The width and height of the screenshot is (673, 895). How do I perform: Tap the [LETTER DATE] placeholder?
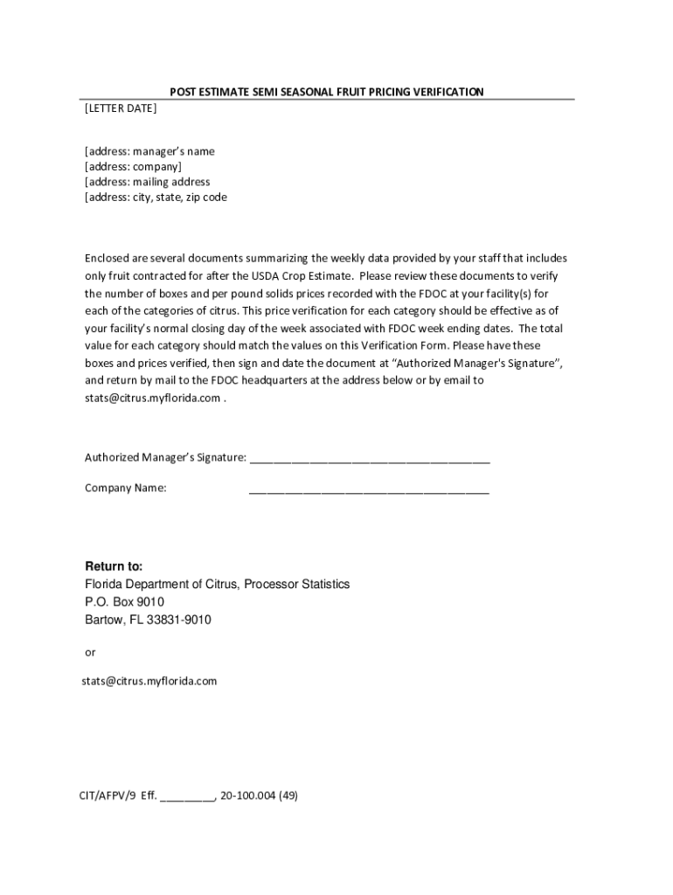coord(121,108)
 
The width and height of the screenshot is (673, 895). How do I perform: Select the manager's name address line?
coord(149,151)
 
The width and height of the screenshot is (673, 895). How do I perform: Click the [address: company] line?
coord(133,166)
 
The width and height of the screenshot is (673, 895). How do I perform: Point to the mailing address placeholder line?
coord(147,182)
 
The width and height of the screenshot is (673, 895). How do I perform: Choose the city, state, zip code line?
coord(156,198)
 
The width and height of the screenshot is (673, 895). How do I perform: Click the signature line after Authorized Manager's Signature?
coord(370,458)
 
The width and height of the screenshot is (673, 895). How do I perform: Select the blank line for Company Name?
coord(369,489)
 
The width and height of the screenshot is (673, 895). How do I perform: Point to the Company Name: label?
coord(125,488)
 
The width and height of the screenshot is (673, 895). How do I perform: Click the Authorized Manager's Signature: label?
coord(165,457)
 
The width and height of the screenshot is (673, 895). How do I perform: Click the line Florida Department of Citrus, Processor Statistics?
coord(217,584)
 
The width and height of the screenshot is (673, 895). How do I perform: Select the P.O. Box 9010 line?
coord(124,602)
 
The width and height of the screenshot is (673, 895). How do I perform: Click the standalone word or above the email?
coord(90,652)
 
